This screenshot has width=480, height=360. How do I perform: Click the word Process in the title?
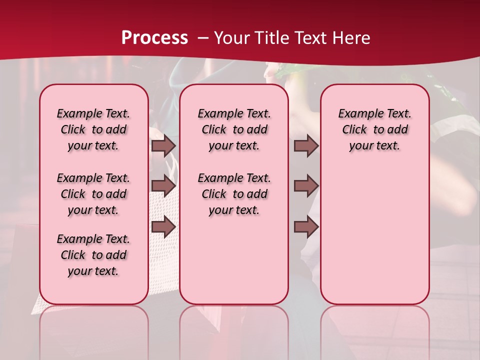click(154, 37)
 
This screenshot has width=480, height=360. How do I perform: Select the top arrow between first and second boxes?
click(163, 146)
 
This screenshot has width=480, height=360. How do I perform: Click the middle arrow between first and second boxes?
click(163, 186)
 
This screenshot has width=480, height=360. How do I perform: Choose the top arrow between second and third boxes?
click(306, 146)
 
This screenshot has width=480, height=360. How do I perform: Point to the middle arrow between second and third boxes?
click(306, 186)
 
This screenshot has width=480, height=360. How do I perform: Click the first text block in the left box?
click(93, 129)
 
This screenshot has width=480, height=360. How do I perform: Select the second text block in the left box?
click(93, 194)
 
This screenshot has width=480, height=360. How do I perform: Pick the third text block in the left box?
click(93, 255)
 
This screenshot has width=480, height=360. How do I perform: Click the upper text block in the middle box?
click(234, 129)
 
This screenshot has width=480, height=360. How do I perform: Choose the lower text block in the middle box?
click(234, 194)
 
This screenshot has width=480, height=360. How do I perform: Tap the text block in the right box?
click(375, 129)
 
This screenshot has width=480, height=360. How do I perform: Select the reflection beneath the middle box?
click(234, 325)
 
